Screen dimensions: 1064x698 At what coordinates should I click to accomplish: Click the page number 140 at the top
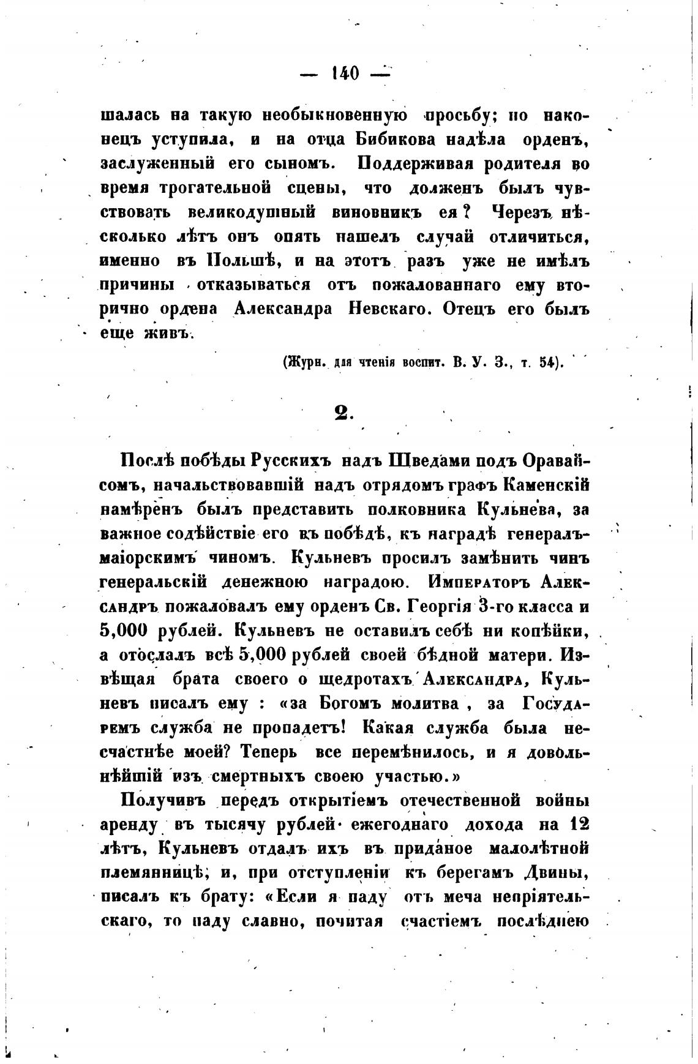(x=345, y=73)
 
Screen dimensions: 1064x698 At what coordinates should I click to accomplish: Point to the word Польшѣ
(x=241, y=261)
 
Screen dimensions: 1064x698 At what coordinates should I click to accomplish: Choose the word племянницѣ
(x=157, y=873)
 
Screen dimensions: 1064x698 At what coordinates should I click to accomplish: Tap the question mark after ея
(x=466, y=212)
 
